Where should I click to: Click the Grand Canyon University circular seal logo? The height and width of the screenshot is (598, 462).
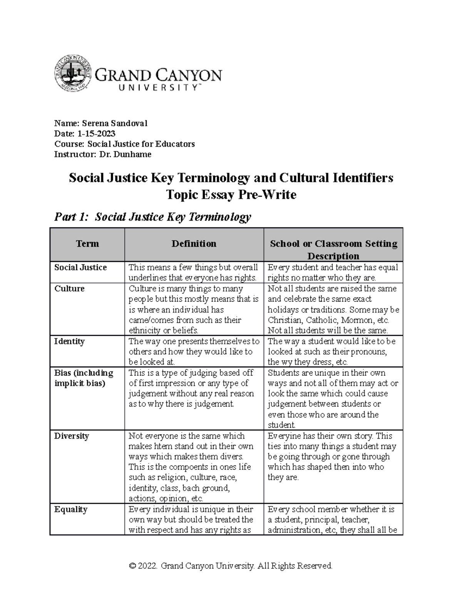coord(72,73)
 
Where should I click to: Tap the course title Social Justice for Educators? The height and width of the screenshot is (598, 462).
coord(141,144)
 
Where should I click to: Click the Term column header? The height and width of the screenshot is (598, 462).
coord(87,244)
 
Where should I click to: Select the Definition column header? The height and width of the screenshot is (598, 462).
coord(194,244)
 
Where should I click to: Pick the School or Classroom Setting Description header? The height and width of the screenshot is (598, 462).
coord(333,250)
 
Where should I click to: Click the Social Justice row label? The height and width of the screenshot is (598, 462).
coord(80,268)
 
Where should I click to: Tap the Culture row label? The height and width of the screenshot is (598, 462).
coord(69,289)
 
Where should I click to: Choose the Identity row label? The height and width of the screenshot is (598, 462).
coord(69,342)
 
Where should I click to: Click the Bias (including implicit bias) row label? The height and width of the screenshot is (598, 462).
coord(84,378)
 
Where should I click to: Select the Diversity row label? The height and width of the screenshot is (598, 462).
coord(72,436)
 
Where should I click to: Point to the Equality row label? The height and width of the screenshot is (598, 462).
coord(71,509)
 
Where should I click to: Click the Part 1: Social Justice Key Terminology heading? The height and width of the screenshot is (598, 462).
coord(152,217)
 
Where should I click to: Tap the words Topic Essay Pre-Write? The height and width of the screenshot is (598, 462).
coord(231,195)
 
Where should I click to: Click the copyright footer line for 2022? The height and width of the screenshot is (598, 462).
coord(231,566)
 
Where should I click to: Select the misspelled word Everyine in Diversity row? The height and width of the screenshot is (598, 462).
coord(284,436)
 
